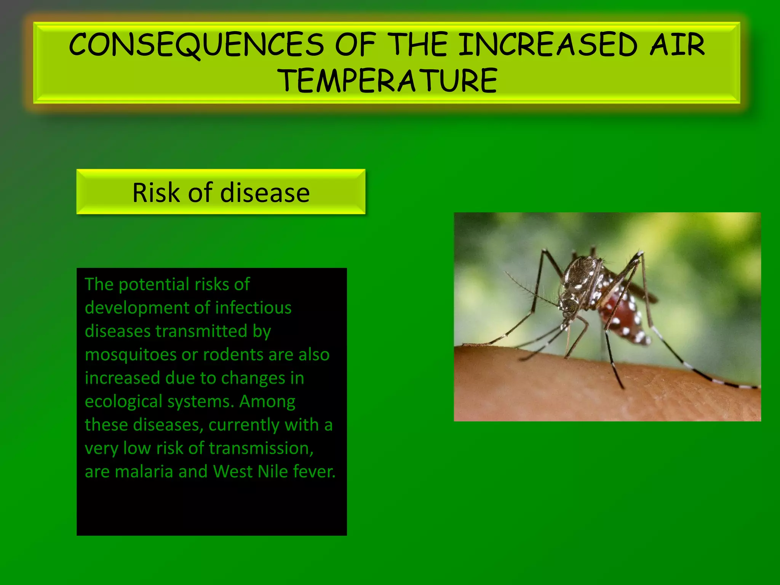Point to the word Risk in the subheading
click(x=156, y=193)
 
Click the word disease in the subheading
click(x=265, y=193)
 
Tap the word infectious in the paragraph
click(x=253, y=308)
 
